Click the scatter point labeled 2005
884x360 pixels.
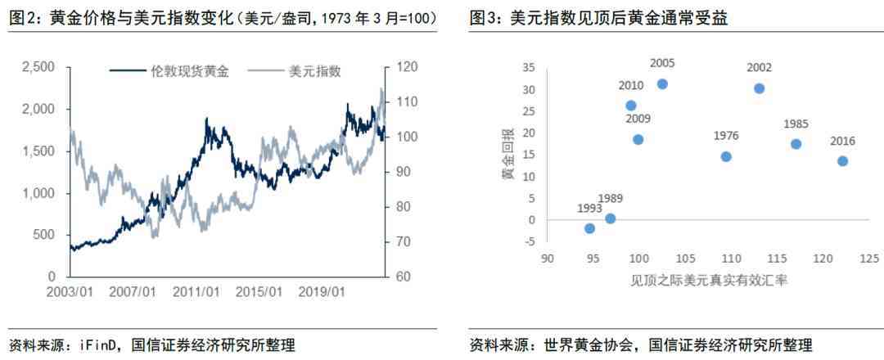(x=662, y=84)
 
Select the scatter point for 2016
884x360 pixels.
(x=842, y=161)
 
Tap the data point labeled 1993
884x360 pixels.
(x=589, y=228)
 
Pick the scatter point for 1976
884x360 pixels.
(x=726, y=156)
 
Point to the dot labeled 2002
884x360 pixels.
(x=759, y=88)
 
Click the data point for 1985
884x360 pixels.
(x=796, y=144)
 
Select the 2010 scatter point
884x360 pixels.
(x=631, y=106)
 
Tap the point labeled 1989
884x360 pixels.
(x=610, y=218)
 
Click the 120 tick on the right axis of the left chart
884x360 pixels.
(x=404, y=67)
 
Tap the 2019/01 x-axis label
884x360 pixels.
(x=322, y=291)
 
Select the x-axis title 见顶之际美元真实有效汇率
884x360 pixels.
(x=710, y=279)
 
